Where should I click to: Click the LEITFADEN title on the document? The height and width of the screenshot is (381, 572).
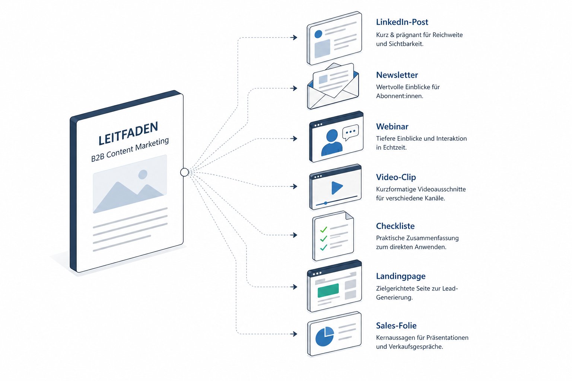tap(128, 133)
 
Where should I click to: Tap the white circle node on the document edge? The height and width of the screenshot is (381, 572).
tap(184, 172)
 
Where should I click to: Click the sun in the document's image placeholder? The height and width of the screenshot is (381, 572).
tap(143, 174)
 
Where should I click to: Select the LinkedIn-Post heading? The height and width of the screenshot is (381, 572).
tap(402, 22)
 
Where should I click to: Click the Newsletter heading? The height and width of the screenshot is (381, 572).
tap(397, 75)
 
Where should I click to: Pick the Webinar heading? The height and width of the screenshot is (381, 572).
tap(392, 127)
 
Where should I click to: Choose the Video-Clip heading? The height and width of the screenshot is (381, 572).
tap(396, 177)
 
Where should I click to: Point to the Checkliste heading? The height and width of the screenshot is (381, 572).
tap(395, 226)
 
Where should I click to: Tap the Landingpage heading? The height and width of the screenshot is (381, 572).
tap(401, 276)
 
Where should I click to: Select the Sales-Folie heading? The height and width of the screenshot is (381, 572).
tap(396, 326)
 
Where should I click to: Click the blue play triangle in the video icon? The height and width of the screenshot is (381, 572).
tap(337, 188)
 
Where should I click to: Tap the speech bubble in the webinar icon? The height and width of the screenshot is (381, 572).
tap(350, 132)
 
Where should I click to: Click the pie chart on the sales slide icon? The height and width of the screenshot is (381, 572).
tap(324, 336)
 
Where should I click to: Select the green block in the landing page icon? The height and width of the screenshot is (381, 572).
tap(328, 290)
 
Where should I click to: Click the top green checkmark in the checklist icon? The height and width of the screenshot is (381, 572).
tap(323, 230)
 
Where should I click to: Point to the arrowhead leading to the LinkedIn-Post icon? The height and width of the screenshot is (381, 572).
tap(295, 38)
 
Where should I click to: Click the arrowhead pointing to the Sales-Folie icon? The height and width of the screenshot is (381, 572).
tap(295, 334)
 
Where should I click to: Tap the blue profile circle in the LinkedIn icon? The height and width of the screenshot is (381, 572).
tap(318, 34)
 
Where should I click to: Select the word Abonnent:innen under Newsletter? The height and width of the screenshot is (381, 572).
tap(399, 96)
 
